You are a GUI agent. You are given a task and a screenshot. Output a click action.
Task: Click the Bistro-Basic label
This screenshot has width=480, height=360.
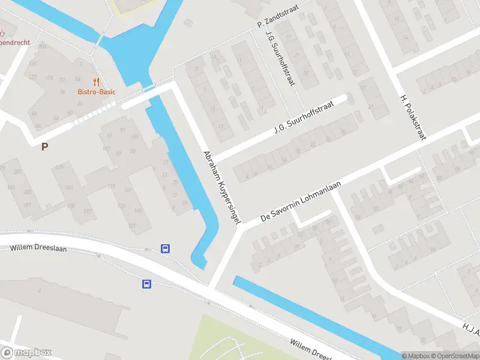pos(96,92)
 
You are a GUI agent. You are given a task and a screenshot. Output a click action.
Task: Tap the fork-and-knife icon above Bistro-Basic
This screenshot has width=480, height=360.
pos(95,82)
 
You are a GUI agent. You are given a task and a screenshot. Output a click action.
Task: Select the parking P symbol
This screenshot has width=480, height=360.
pos(44,146)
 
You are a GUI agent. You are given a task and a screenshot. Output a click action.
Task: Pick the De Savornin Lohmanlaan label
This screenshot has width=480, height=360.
pos(301,202)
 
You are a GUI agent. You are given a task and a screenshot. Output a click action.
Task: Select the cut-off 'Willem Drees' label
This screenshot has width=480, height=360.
pos(311,347)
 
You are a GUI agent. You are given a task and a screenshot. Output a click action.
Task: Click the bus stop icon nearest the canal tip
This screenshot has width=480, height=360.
pos(165,248)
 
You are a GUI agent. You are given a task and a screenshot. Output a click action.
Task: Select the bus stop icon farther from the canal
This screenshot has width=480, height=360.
pos(146,284)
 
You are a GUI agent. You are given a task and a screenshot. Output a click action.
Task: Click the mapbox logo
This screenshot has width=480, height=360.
pos(26,353)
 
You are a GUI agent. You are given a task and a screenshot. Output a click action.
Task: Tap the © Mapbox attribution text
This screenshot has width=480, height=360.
pos(415,356)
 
